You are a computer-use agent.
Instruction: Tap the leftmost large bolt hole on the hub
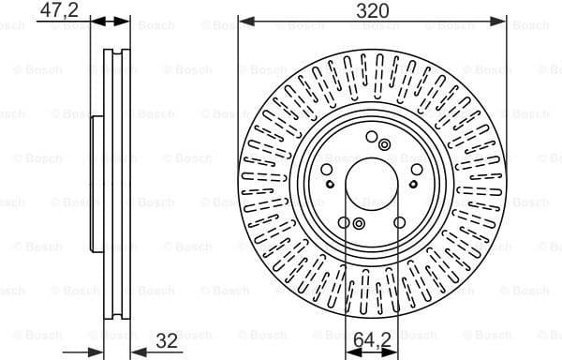click(326, 170)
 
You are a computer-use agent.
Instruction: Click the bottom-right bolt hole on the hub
click(400, 222)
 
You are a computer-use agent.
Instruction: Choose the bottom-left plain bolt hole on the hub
click(345, 222)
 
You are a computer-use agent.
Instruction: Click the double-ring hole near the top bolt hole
click(385, 143)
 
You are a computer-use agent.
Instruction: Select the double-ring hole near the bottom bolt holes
click(358, 223)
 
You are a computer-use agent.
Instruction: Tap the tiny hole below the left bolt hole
click(329, 185)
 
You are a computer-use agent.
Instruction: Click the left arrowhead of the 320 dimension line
click(244, 21)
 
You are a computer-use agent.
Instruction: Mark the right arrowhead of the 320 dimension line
click(503, 21)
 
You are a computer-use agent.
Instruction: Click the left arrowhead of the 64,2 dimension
click(351, 352)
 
